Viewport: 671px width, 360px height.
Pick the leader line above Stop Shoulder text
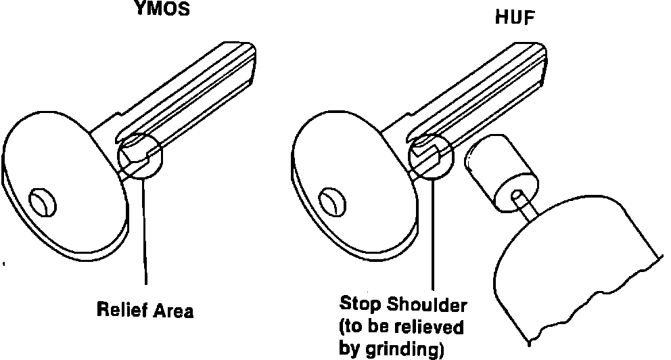click(x=434, y=237)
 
